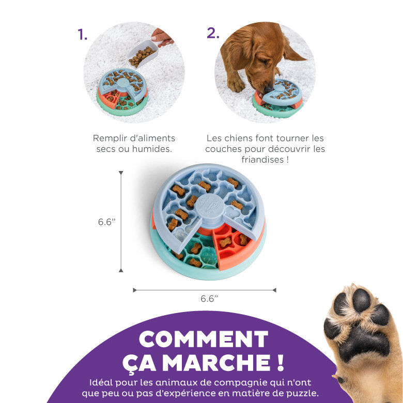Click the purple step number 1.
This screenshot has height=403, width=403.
pyautogui.click(x=82, y=34)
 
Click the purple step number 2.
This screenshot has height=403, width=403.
pyautogui.click(x=213, y=33)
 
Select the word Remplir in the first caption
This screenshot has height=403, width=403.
pyautogui.click(x=110, y=138)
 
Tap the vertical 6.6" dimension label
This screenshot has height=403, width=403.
pyautogui.click(x=107, y=222)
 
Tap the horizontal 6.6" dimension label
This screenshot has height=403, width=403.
pyautogui.click(x=209, y=298)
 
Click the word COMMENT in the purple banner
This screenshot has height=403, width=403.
pyautogui.click(x=204, y=339)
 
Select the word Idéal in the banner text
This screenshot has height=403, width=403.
pyautogui.click(x=101, y=383)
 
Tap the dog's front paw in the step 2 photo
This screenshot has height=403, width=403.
pyautogui.click(x=235, y=85)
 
